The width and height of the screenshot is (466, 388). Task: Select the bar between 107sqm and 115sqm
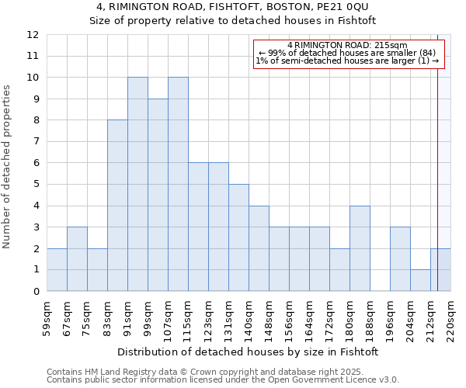(178, 185)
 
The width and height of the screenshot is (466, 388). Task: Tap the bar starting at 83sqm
(117, 206)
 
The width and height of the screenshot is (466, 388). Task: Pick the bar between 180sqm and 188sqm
(360, 248)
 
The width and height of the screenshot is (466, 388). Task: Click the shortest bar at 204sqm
(420, 280)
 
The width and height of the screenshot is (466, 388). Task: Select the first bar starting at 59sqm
(57, 270)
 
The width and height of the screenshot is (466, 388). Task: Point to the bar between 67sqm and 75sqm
(77, 259)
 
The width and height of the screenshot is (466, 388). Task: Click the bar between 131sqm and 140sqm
(238, 237)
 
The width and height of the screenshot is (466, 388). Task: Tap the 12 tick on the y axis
(33, 35)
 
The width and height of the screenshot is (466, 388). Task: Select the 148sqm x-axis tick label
(269, 319)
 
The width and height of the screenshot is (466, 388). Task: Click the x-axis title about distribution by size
(249, 352)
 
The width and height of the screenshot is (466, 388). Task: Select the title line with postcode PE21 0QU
(232, 7)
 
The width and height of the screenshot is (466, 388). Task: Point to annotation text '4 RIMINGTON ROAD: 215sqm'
(347, 46)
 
